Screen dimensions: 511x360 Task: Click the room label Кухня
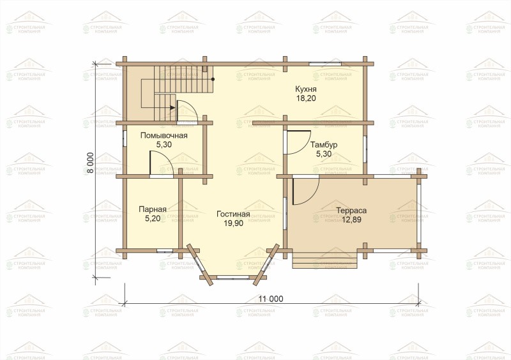(306, 89)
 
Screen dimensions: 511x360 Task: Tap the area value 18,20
(306, 98)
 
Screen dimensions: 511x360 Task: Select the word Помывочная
(164, 135)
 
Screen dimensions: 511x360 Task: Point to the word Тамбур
(324, 145)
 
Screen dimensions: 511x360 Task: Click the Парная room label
(153, 209)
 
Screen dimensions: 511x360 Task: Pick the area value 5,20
(153, 218)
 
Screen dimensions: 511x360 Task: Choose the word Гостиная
(233, 214)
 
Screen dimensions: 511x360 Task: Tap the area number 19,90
(233, 223)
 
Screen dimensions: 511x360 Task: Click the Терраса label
(351, 211)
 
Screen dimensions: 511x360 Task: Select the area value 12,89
(351, 220)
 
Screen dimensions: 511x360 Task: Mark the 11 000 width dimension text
(271, 299)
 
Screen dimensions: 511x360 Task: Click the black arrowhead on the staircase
(172, 107)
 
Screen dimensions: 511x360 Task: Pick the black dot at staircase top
(213, 79)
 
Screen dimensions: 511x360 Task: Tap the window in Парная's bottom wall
(165, 251)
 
